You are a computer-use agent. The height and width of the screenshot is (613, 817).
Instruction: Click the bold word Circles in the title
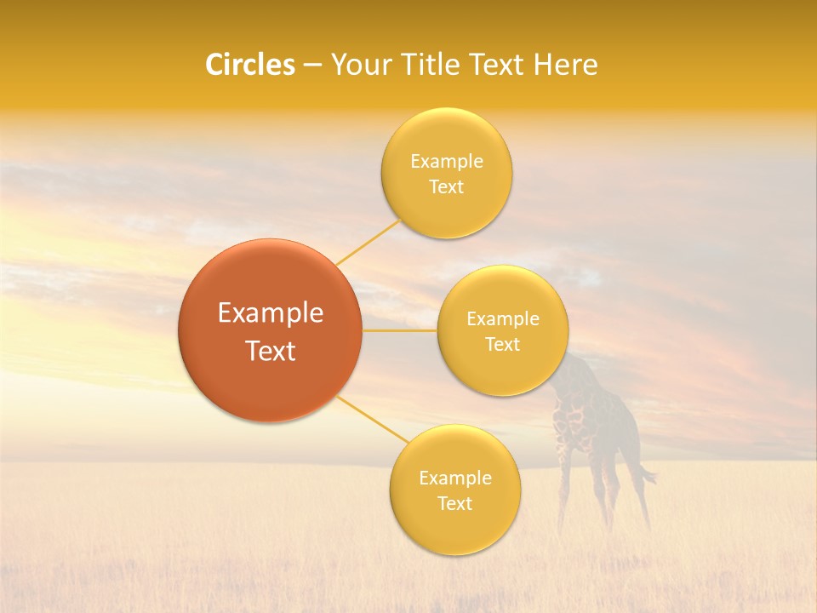(249, 65)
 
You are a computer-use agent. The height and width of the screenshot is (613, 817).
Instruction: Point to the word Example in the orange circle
(271, 313)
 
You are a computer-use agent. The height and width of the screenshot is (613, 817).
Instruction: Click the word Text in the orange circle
(271, 351)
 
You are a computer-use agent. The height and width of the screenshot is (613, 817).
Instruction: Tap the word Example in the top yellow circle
(447, 162)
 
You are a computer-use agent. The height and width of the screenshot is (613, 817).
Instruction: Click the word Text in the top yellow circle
(446, 186)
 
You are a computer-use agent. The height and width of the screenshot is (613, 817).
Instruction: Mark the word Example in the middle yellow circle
(503, 319)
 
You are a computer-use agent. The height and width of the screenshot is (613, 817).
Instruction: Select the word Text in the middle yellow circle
(502, 344)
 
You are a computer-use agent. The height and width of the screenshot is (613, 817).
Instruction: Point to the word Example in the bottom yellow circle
(455, 478)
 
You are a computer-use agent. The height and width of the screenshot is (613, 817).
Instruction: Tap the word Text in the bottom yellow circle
(454, 503)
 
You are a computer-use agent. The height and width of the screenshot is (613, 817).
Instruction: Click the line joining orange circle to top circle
(369, 242)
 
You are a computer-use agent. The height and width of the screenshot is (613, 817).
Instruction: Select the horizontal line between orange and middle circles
(399, 330)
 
